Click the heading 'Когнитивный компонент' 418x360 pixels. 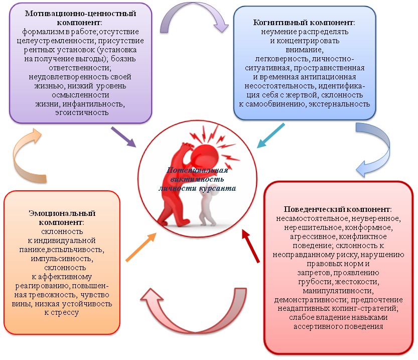[x=305, y=23]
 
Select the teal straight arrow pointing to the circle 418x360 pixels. [x=271, y=137]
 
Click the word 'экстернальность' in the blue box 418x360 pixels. [x=339, y=103]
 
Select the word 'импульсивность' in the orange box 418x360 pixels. [x=61, y=258]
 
